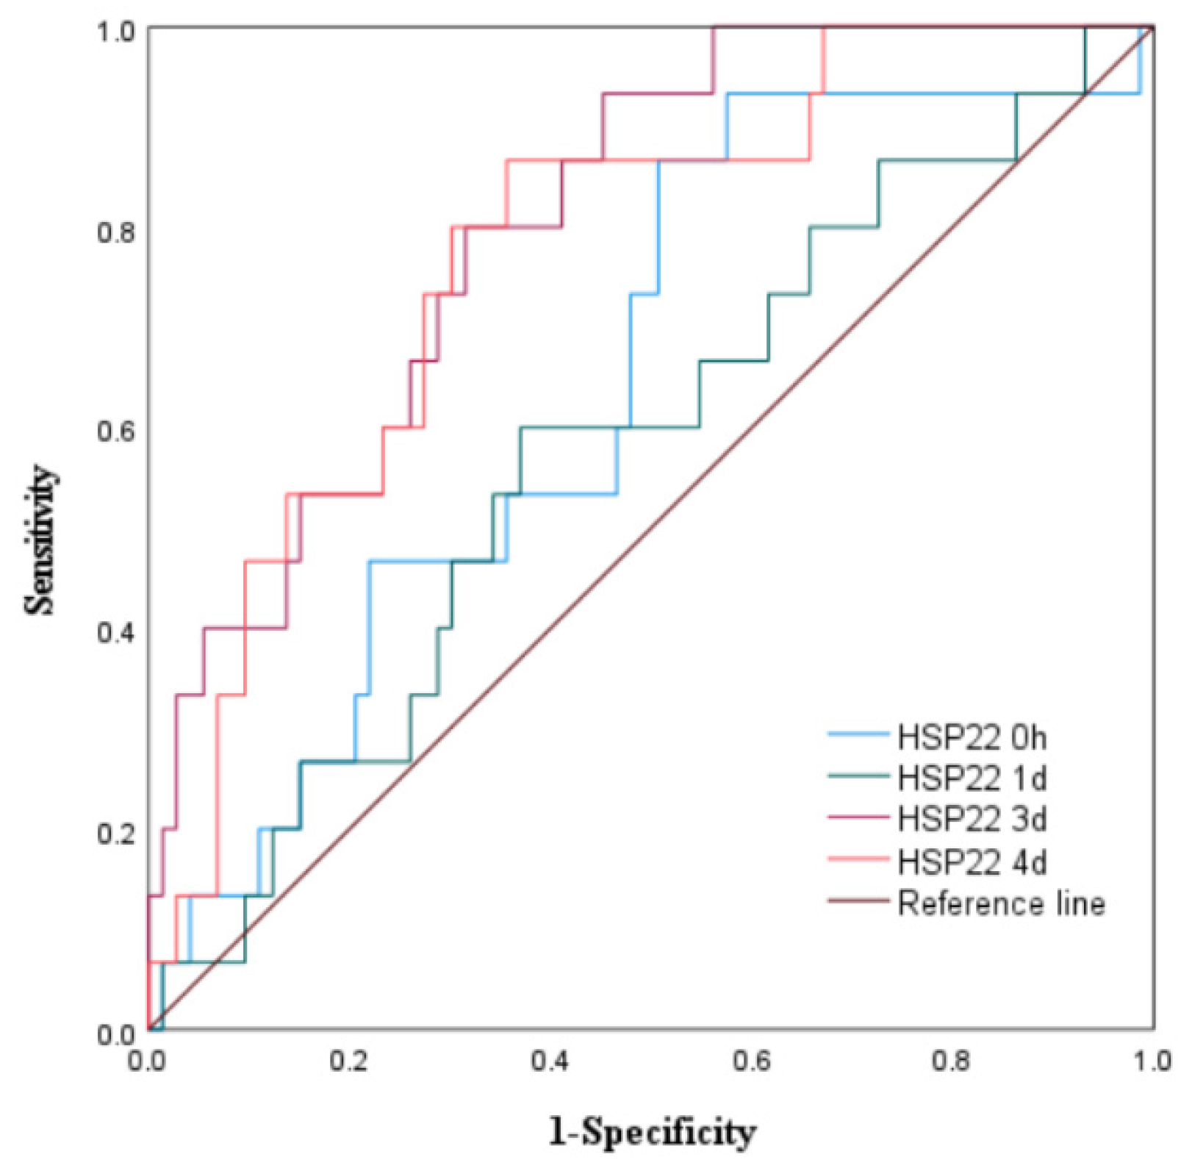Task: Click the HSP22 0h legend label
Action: [x=972, y=737]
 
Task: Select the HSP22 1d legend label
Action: [x=972, y=778]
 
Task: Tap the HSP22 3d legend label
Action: [x=972, y=819]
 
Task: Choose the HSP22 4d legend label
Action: [x=972, y=862]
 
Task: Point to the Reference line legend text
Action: [x=1001, y=903]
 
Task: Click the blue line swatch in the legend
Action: [x=858, y=734]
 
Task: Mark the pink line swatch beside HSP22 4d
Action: [x=858, y=859]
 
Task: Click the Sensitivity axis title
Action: [x=40, y=540]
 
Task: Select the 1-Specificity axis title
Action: [x=652, y=1133]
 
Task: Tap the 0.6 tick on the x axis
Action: [x=751, y=1061]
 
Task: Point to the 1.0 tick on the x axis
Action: [x=1151, y=1061]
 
